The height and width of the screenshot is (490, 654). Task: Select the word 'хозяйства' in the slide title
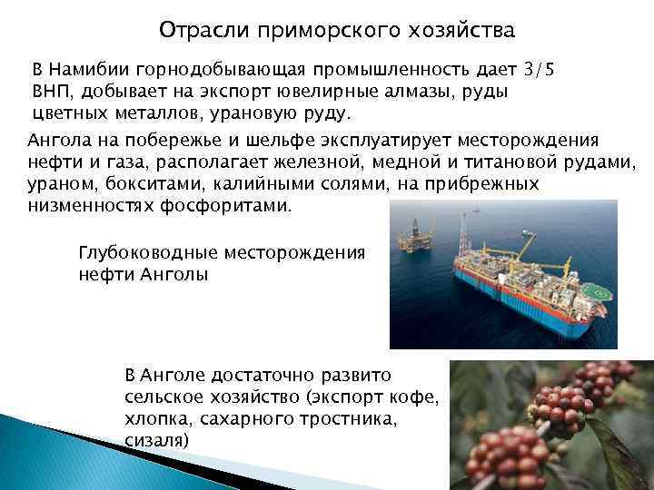[465, 30]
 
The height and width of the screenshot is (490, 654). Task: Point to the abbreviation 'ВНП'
[51, 93]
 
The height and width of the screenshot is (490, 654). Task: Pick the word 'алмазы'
[430, 93]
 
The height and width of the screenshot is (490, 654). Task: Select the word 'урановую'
[272, 114]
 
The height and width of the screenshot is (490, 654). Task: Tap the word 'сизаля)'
[155, 441]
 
